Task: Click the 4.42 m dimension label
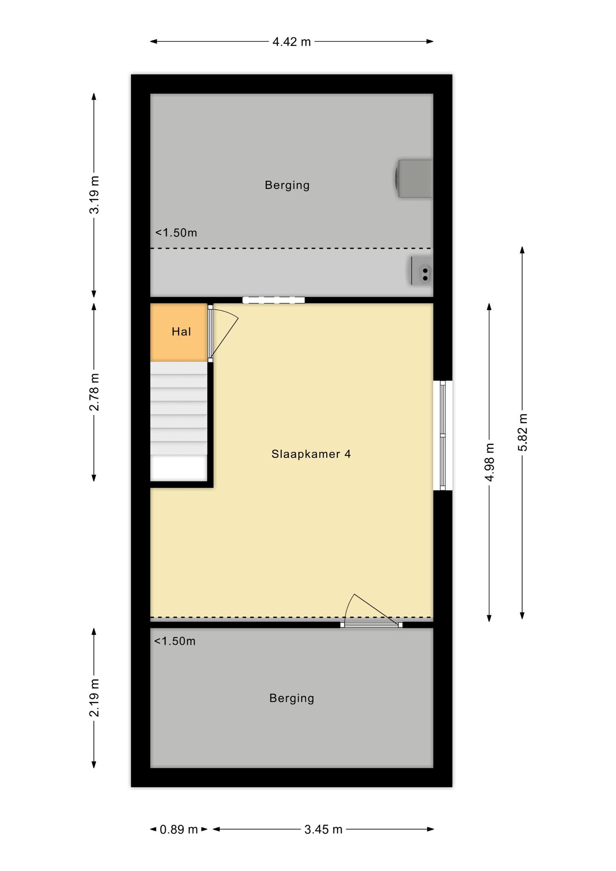(292, 42)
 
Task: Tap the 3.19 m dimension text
(94, 195)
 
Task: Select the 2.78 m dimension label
(94, 392)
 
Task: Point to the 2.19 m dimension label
(94, 698)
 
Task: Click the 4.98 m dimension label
(490, 462)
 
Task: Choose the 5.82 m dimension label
(523, 432)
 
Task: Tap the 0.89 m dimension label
(179, 829)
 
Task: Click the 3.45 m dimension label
(323, 829)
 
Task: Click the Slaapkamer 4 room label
(311, 454)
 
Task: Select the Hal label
(181, 332)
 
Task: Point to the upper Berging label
(287, 185)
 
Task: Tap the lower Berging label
(292, 698)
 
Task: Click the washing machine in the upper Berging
(413, 179)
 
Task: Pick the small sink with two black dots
(422, 270)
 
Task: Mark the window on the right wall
(442, 435)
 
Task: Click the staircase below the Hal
(179, 421)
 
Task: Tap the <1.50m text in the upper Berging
(176, 233)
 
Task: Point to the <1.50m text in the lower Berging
(175, 641)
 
